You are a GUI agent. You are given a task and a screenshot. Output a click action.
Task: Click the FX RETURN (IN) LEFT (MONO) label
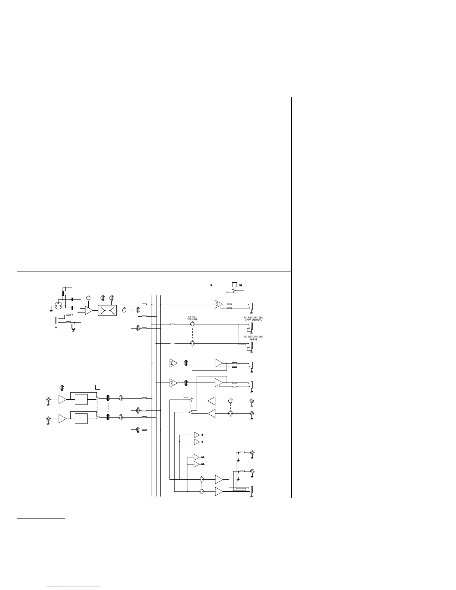253,318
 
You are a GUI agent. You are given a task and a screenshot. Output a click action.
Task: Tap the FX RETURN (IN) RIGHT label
253,338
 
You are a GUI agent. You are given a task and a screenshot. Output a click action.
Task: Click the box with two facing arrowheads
107,310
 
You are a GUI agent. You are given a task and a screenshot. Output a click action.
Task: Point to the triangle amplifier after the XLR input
89,310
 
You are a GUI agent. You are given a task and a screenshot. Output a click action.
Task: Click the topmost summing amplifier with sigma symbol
218,304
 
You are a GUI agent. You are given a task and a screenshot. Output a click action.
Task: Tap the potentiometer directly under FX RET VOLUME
192,324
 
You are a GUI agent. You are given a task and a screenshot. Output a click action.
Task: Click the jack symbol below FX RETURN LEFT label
251,327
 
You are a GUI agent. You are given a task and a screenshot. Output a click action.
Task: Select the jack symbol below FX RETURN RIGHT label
251,346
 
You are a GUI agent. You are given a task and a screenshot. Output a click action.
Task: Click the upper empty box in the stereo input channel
81,399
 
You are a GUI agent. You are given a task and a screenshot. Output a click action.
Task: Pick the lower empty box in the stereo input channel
81,418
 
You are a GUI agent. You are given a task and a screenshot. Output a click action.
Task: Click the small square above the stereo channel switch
98,387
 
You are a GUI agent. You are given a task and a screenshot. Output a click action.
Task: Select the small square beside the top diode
234,285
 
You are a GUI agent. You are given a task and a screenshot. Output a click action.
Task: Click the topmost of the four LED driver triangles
197,435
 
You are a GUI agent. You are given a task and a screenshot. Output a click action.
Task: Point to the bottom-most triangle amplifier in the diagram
219,492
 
